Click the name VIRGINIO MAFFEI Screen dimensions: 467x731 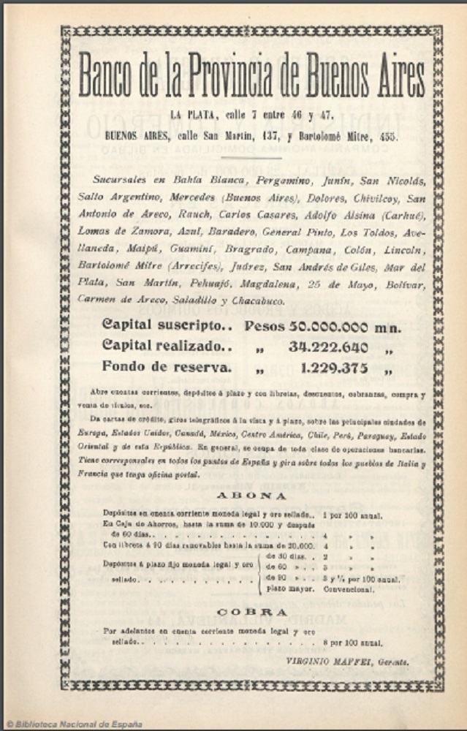[326, 662]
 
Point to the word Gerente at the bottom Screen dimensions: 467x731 [392, 662]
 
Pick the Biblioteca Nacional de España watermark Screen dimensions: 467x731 [73, 724]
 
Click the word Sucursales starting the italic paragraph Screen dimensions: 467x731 [120, 179]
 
